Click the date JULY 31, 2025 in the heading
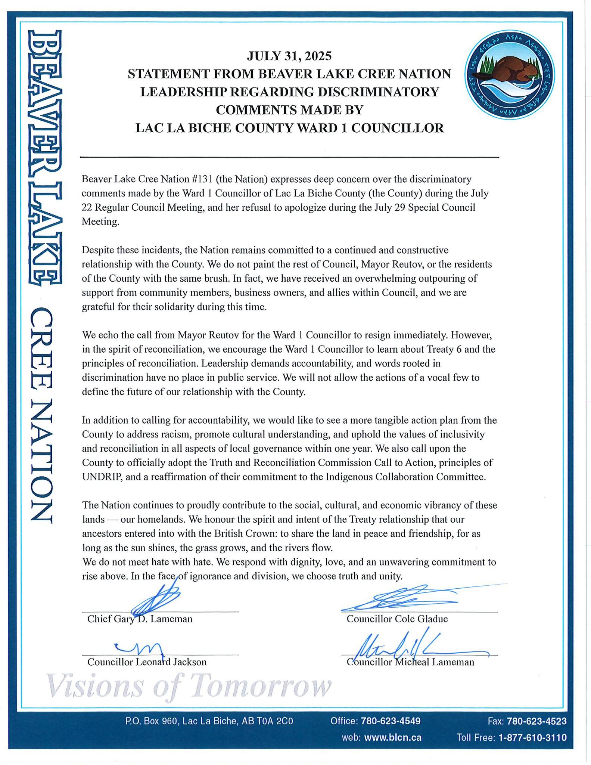289,56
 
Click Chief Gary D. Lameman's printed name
140,619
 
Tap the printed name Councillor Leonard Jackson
147,662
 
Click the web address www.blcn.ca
392,738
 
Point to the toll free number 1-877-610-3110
532,738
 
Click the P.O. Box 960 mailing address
209,721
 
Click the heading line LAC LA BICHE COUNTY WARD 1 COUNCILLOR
289,128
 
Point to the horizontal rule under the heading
289,157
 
